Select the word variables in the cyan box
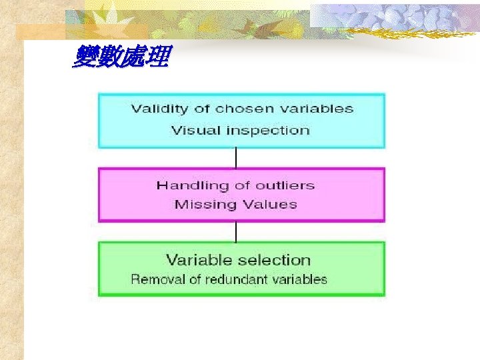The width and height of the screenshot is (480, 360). tap(313, 109)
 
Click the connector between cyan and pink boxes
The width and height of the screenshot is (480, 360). tap(236, 158)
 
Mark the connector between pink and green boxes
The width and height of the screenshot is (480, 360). tap(236, 231)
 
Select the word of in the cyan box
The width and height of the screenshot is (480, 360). tap(203, 109)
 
